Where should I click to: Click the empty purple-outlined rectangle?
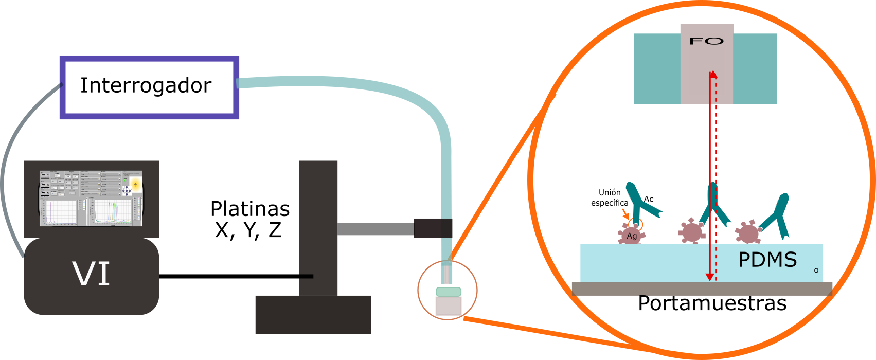149,87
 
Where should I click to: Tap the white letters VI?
92,274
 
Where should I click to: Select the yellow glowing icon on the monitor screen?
136,184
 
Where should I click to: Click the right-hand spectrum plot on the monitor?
112,212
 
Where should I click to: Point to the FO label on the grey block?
707,41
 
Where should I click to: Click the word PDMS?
767,260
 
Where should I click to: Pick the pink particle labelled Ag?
631,236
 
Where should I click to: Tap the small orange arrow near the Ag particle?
625,213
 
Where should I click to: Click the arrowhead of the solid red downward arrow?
710,276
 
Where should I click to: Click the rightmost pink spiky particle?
748,233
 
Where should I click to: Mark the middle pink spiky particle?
691,232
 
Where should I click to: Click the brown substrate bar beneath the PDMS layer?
702,289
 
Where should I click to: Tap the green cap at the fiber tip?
449,292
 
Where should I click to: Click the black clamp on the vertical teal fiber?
433,228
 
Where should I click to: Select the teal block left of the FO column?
657,69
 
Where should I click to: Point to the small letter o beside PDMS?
816,270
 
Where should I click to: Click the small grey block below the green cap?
449,306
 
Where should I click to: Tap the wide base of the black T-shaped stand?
313,314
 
